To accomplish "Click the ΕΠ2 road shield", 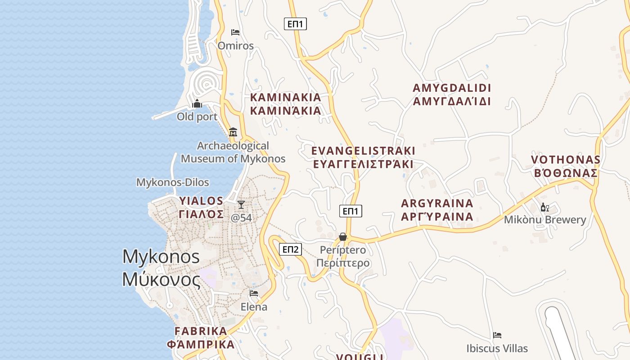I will click(290, 249).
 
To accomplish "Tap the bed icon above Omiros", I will click(235, 32).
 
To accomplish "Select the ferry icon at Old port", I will click(197, 104).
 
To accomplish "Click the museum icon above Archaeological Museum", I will click(233, 132).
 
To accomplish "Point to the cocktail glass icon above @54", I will click(241, 205).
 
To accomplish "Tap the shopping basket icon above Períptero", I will click(343, 237).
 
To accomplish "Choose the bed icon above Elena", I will click(254, 293).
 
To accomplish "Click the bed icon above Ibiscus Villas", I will click(497, 335).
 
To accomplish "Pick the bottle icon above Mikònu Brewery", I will click(544, 207).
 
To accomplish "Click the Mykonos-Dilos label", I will click(173, 182).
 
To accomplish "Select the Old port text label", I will click(197, 117).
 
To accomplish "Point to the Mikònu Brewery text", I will click(545, 220).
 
